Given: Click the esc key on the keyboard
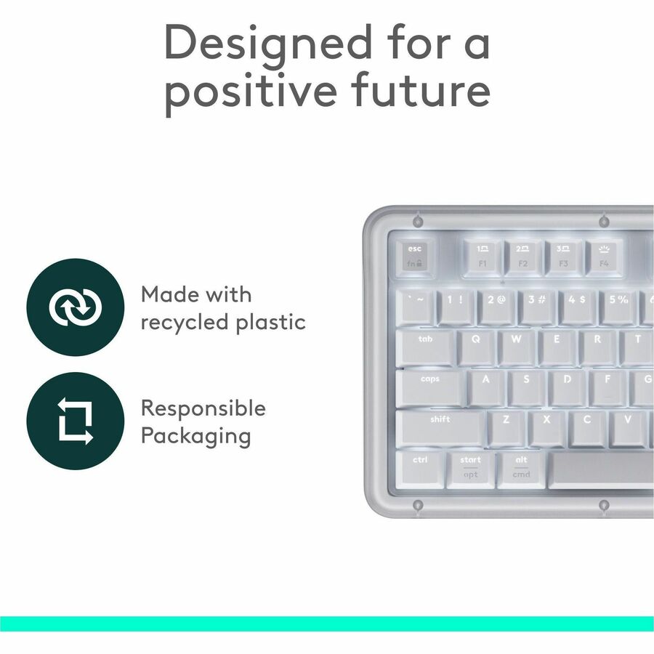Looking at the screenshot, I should tap(414, 257).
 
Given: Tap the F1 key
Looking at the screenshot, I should tap(482, 257).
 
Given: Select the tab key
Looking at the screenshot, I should tap(426, 347).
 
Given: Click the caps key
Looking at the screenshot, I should tap(430, 387).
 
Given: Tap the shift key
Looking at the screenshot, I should tap(440, 427).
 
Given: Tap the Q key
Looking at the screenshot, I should tap(476, 347).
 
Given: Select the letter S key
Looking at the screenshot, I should tap(527, 387).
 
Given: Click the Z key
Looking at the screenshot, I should tap(506, 427).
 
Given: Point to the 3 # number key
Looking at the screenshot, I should tap(537, 306).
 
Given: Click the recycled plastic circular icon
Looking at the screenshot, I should tap(75, 307).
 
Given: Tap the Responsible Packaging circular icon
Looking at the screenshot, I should tap(75, 421).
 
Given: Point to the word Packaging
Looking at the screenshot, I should tap(195, 436).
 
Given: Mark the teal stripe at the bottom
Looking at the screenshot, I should tap(327, 623).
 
